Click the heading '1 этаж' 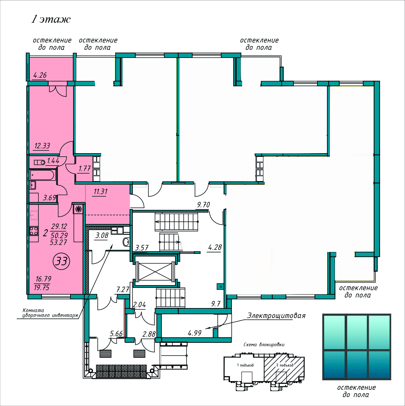tap(51, 19)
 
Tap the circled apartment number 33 tap(61, 261)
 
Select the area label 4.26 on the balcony tap(40, 75)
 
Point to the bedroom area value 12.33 tap(42, 146)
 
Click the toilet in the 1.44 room tap(39, 162)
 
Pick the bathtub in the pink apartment tap(42, 175)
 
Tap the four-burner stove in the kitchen tap(34, 231)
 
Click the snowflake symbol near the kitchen tap(78, 209)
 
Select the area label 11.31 tap(101, 192)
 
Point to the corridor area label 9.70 tap(203, 205)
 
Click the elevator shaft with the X tap(155, 271)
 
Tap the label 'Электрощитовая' tap(276, 316)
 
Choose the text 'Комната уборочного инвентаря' tap(50, 313)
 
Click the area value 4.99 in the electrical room tap(195, 333)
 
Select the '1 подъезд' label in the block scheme tap(245, 365)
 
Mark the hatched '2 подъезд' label tap(285, 365)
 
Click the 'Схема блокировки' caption tap(264, 345)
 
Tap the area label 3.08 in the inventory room tap(102, 235)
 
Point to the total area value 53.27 tap(58, 242)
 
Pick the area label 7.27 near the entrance tap(123, 290)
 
